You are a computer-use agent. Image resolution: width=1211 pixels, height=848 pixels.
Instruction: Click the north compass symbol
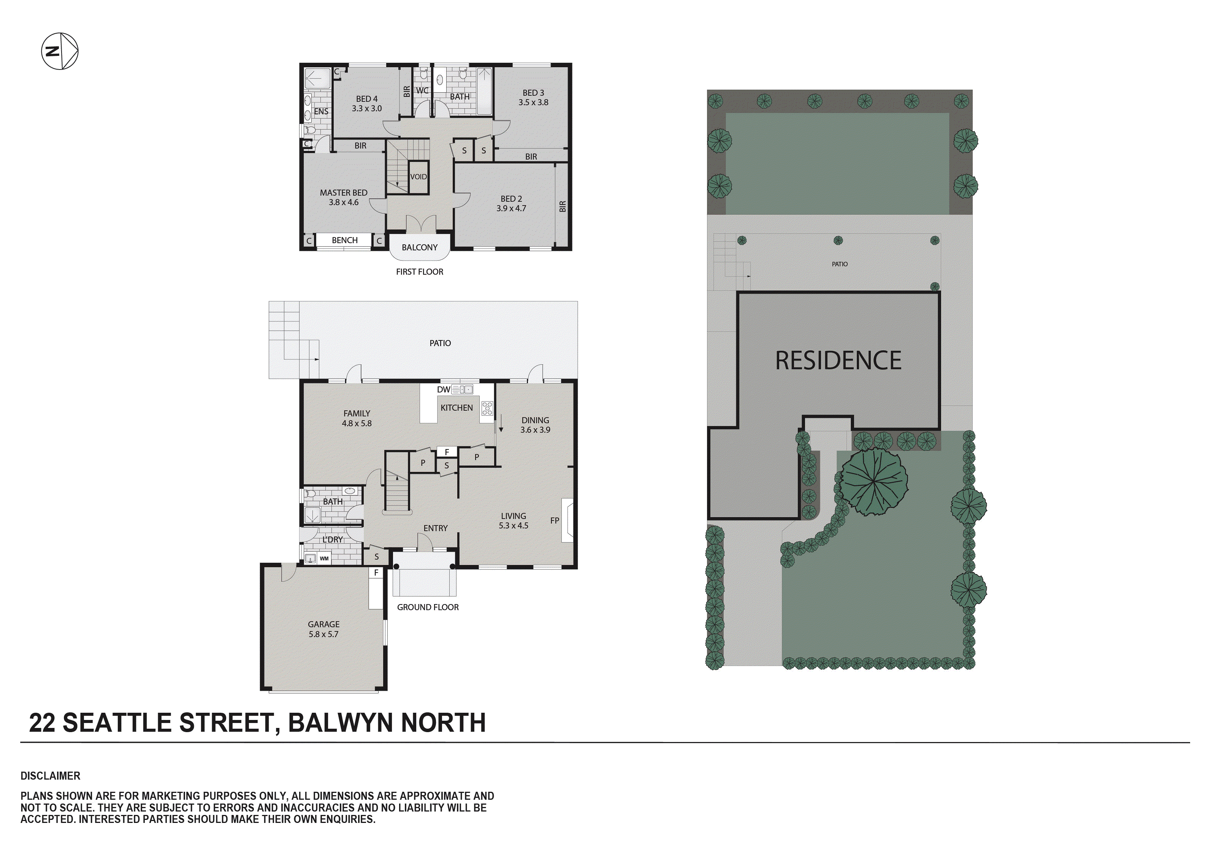tap(60, 51)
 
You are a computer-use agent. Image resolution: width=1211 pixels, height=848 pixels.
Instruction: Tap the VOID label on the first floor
tap(418, 177)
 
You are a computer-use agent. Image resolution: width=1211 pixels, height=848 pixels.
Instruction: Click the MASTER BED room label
tap(343, 193)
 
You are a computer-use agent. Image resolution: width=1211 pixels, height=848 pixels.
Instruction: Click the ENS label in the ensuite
tap(321, 112)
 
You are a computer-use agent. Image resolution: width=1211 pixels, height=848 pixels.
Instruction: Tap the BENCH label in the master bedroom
tap(344, 240)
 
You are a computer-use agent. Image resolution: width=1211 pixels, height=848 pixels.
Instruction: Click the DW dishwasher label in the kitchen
tap(444, 390)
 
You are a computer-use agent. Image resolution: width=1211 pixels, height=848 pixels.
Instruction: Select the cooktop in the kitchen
tap(487, 408)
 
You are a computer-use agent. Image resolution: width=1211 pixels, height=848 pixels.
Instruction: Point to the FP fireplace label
tap(554, 521)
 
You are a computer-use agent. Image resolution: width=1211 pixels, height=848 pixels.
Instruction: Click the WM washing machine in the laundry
tap(324, 558)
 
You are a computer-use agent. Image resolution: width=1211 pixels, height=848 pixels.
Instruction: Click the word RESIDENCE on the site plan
tap(838, 361)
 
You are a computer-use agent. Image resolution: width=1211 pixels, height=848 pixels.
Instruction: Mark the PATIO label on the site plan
tap(840, 264)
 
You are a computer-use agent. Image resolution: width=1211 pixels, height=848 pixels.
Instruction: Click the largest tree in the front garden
tap(874, 481)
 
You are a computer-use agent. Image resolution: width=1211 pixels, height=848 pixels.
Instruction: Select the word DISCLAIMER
tap(51, 776)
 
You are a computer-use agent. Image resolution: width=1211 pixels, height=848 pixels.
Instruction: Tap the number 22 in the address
tap(42, 723)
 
